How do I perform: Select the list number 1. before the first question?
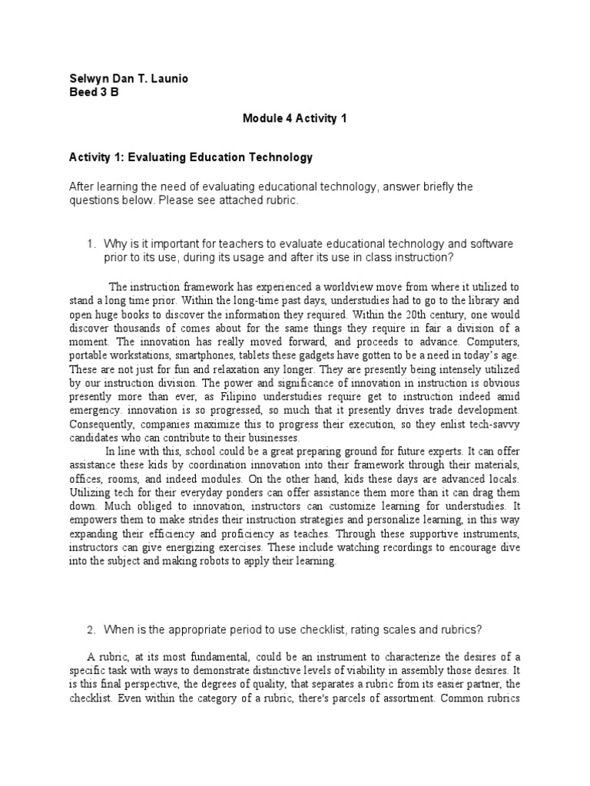[x=91, y=243]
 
